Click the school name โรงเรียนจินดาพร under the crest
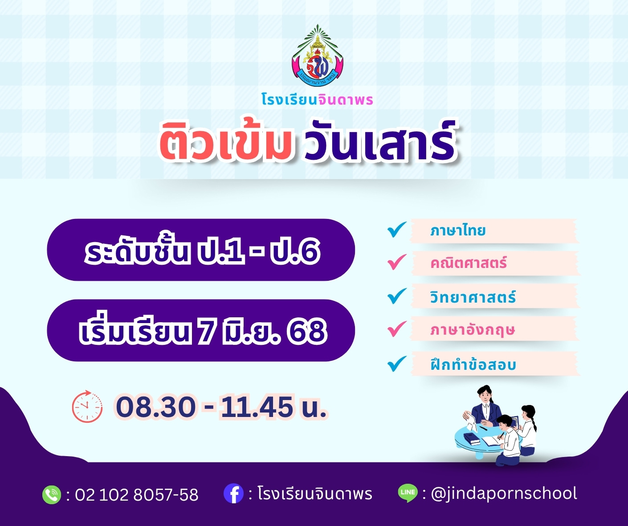[x=317, y=100]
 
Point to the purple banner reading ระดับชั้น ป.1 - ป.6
[x=201, y=250]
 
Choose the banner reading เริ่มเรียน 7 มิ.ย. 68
[x=201, y=330]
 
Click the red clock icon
[x=87, y=406]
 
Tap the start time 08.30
[x=155, y=407]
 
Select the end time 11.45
[x=257, y=407]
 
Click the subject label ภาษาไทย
[x=458, y=231]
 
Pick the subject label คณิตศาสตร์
[x=468, y=263]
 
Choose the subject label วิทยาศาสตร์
[x=473, y=297]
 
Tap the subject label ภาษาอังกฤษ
[x=473, y=330]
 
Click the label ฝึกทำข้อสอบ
[x=473, y=364]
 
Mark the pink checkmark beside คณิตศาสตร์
[x=397, y=262]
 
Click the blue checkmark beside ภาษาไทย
[x=397, y=229]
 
